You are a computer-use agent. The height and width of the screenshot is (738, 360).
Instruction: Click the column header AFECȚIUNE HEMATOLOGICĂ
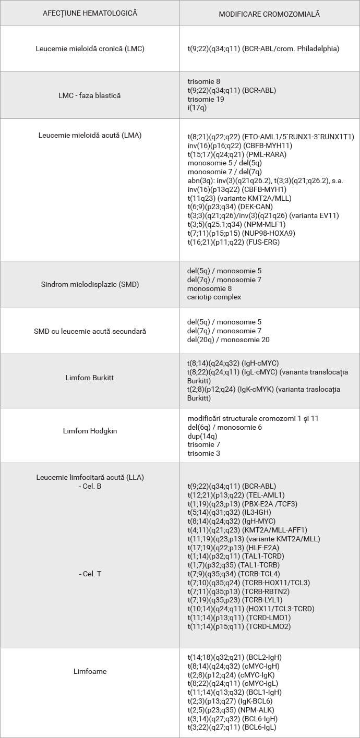pos(90,13)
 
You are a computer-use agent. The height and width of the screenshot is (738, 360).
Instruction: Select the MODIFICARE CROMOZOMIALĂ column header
pos(269,14)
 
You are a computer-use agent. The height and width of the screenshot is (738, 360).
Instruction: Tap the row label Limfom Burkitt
pos(90,380)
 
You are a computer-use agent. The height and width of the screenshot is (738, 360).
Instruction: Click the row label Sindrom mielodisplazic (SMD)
pos(90,284)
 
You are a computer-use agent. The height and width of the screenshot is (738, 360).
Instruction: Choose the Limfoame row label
pos(90,671)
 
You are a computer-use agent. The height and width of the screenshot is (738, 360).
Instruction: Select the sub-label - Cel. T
pos(90,574)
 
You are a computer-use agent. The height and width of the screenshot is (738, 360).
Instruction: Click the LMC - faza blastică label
pos(90,95)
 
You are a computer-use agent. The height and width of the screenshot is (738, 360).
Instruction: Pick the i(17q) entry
pos(197,108)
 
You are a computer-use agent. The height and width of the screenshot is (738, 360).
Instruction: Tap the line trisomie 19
pos(206,99)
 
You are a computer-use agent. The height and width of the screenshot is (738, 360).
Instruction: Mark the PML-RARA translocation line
pos(237,154)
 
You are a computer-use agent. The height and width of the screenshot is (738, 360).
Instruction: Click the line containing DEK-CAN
pos(230,207)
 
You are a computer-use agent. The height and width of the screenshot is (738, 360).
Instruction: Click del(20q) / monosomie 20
pos(228,340)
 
